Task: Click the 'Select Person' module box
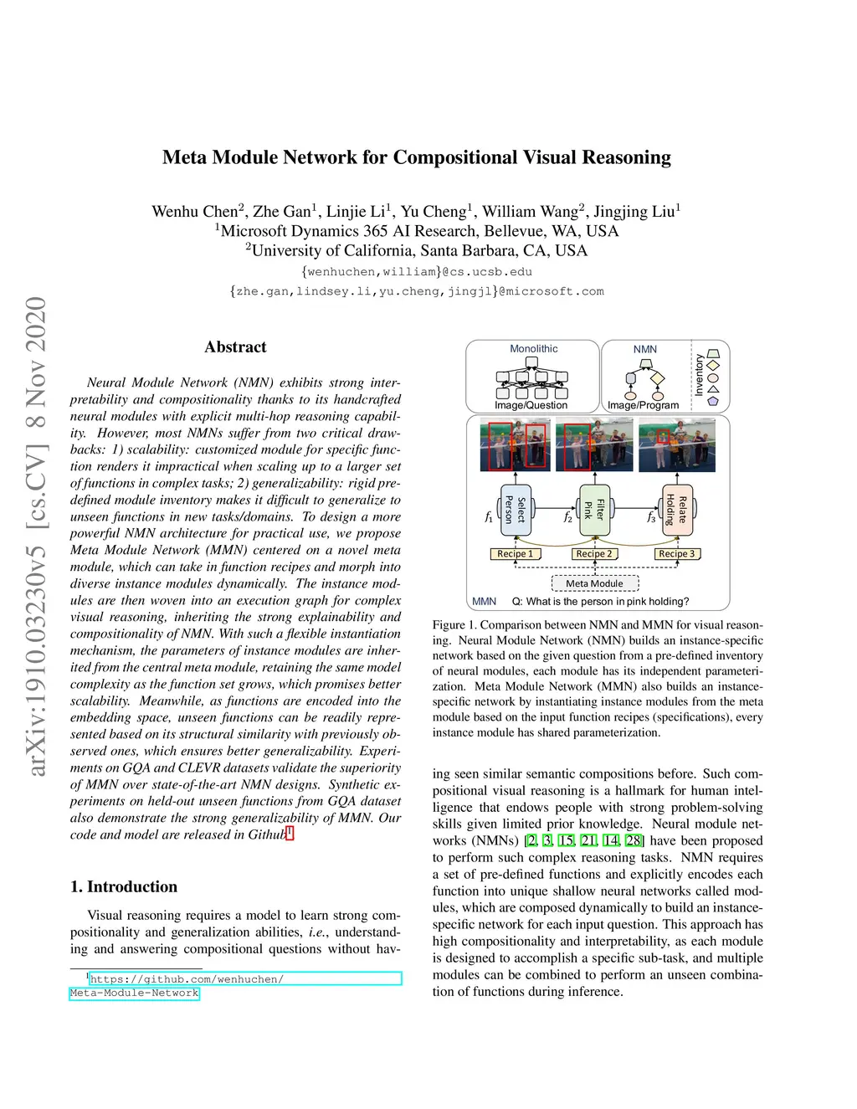point(515,509)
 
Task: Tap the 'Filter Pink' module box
point(594,509)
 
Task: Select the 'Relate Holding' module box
point(676,509)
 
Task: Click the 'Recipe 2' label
point(594,553)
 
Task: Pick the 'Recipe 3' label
point(676,553)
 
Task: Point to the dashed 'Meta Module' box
point(594,583)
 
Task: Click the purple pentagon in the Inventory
point(713,401)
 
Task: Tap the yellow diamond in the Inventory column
point(713,365)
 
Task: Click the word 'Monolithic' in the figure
point(533,349)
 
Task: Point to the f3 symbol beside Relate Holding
point(651,517)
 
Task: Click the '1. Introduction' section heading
point(124,886)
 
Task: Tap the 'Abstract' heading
point(235,347)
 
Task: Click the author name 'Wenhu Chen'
point(195,212)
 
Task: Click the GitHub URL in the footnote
point(186,979)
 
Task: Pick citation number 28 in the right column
point(634,840)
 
